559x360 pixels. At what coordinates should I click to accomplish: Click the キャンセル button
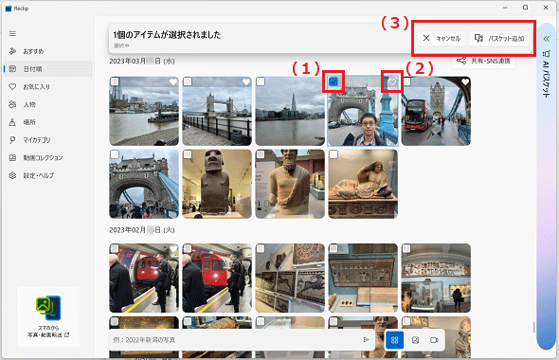pos(442,38)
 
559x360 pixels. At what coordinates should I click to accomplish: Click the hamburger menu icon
pos(12,33)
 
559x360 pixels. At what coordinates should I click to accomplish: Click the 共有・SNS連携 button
pos(483,62)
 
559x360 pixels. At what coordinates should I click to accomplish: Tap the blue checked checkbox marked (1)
pos(334,82)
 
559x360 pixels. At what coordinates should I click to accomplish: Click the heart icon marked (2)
pos(392,82)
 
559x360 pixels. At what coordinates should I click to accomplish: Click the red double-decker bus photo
pos(436,109)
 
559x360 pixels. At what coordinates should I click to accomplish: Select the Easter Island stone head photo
pos(217,183)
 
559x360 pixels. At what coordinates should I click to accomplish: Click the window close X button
pos(544,9)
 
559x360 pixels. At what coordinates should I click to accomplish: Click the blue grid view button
pos(394,339)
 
